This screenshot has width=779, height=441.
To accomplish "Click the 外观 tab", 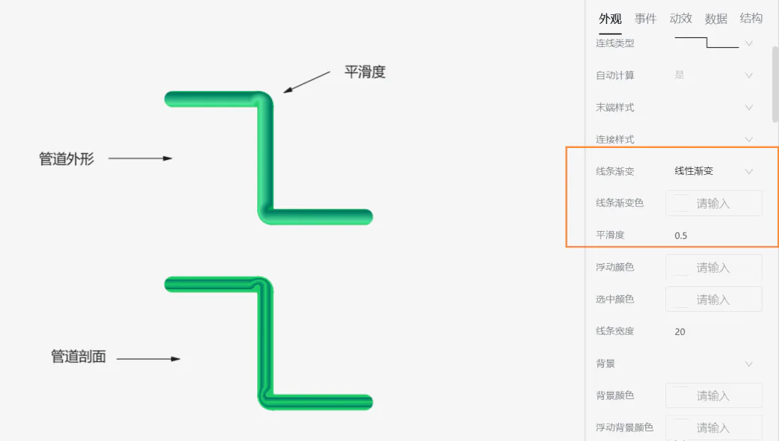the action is [x=610, y=19].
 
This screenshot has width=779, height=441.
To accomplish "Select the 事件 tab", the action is [x=645, y=19].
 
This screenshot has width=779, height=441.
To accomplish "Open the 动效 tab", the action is [x=680, y=19].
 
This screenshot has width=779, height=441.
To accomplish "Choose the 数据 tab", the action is [x=716, y=19].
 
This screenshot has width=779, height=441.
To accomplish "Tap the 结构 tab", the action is [x=751, y=19].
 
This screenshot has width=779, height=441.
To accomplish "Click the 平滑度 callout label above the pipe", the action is [x=365, y=72].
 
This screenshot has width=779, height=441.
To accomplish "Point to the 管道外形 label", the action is [x=67, y=159].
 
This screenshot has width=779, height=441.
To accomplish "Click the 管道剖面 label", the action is [x=78, y=357].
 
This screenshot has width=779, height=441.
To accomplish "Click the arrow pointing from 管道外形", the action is [x=140, y=158].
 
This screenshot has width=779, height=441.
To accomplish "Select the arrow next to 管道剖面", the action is [x=148, y=359].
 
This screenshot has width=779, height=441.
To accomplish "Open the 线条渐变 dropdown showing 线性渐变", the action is [x=713, y=171].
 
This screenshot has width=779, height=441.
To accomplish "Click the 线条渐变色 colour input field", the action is [x=714, y=203].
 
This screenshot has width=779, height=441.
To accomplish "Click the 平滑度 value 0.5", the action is [x=680, y=235].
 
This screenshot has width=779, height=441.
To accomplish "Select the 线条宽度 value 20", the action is [x=680, y=332].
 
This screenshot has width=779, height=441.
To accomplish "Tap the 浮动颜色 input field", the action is [x=714, y=268].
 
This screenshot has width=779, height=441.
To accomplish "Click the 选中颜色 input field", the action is [x=714, y=300].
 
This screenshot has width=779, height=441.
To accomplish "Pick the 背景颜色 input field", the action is [x=714, y=396].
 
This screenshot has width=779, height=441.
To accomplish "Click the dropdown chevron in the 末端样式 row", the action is [x=748, y=108].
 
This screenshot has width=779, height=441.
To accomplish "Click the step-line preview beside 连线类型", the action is [x=707, y=43].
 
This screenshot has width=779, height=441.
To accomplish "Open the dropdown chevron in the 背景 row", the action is [x=748, y=364].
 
